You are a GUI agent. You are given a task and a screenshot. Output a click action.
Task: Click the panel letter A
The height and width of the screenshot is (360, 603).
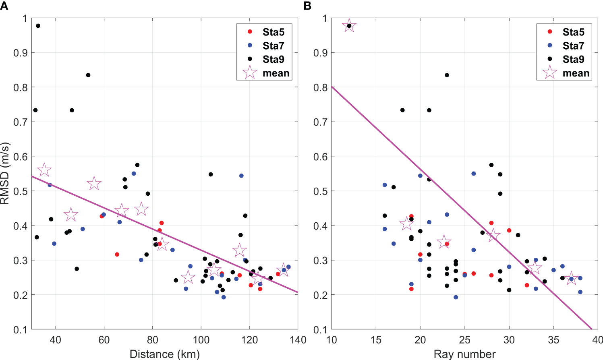4,6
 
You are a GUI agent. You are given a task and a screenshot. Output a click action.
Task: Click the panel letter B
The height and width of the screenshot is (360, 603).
307,6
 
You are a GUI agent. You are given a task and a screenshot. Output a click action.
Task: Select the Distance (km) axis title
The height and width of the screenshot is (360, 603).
164,354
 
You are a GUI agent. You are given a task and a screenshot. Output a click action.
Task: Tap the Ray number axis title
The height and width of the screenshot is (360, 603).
464,354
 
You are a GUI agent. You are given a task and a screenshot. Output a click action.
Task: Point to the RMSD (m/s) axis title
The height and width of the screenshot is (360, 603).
5,173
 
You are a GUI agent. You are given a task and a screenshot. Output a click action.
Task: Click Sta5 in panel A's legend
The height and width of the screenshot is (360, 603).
273,32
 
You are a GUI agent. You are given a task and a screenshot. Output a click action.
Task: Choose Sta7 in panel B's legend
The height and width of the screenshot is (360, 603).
573,46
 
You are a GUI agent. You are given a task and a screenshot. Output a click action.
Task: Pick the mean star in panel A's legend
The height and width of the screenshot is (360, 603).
250,72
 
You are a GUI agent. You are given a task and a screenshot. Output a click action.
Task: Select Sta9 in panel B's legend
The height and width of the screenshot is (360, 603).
573,59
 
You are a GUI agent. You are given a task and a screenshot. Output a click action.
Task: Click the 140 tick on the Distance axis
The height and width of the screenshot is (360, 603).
298,340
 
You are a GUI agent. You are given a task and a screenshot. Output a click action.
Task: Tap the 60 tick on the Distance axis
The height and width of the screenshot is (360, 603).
104,340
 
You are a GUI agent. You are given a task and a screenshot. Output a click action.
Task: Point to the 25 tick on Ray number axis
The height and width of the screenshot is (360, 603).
464,340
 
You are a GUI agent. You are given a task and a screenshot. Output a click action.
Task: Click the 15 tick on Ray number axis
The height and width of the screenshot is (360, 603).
375,340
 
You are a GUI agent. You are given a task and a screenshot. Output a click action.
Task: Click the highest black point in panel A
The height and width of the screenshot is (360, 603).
38,26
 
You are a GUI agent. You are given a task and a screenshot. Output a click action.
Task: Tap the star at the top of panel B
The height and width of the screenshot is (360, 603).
349,26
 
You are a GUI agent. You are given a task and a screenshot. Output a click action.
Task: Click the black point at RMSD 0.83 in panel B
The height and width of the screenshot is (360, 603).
447,75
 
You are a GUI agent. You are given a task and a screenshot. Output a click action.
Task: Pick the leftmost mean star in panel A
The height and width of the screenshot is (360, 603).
44,170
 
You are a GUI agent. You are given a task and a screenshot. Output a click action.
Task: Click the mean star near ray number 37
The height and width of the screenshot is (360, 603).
571,278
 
